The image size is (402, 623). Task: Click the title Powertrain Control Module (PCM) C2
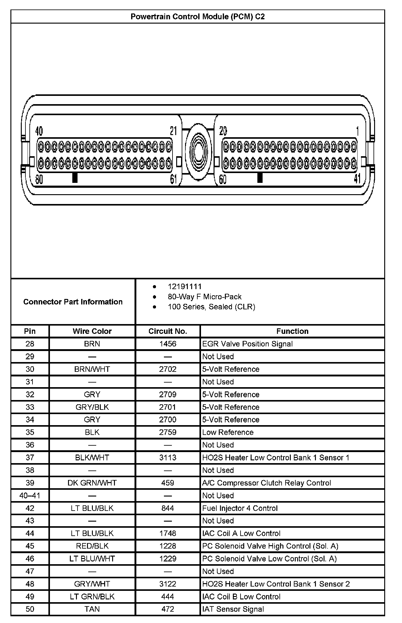(x=198, y=17)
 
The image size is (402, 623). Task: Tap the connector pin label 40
(x=39, y=131)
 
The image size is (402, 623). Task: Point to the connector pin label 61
(x=174, y=179)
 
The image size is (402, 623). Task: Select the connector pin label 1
(x=357, y=131)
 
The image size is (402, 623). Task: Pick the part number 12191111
(x=184, y=287)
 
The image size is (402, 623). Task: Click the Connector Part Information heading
(x=73, y=302)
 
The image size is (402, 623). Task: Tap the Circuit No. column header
(x=168, y=331)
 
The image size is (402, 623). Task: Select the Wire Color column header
(x=92, y=331)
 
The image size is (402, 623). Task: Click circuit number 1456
(x=168, y=344)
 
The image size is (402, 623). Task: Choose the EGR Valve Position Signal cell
(x=247, y=344)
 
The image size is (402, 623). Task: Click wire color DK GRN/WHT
(x=92, y=483)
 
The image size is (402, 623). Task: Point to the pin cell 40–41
(x=30, y=496)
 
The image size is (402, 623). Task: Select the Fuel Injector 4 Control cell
(x=240, y=508)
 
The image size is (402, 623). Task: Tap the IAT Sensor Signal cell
(x=233, y=609)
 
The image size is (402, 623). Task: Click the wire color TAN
(x=92, y=609)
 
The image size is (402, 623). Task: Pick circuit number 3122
(x=168, y=584)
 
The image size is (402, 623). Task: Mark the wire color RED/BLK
(x=92, y=546)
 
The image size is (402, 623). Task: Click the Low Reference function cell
(x=228, y=432)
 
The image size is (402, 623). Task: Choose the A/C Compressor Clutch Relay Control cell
(x=267, y=483)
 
